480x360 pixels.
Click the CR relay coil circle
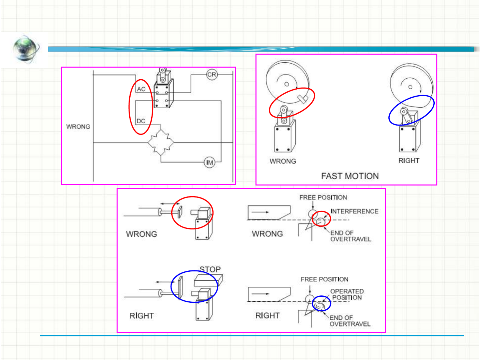212,75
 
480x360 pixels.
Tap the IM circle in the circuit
210,163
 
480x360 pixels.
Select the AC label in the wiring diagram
141,89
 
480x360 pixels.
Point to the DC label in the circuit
141,121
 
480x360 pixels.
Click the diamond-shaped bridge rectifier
161,143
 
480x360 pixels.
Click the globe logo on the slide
26,49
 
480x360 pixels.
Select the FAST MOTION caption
350,176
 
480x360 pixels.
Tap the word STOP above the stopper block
210,269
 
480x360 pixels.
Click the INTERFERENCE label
354,211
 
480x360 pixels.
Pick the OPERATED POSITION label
347,294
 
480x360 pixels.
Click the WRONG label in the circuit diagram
78,127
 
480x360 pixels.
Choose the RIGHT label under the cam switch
409,161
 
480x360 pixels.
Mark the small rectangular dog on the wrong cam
303,99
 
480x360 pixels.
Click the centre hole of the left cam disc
286,84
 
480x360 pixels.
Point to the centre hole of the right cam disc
410,87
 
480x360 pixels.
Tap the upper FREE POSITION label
323,197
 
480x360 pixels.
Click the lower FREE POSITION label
324,279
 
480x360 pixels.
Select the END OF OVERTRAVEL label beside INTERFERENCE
351,236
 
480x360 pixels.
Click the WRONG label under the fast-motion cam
283,161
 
